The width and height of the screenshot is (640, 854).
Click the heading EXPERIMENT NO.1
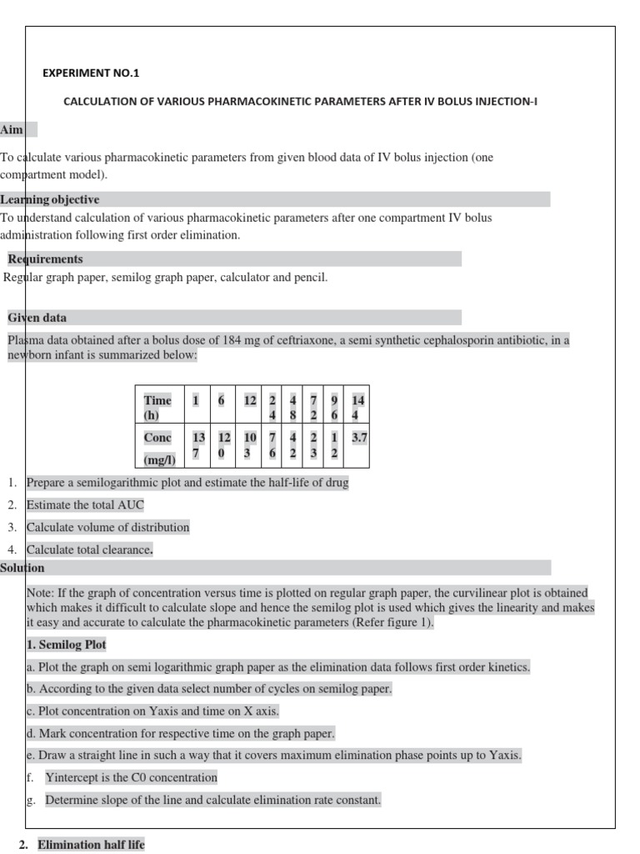(91, 73)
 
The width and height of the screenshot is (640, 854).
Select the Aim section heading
(12, 130)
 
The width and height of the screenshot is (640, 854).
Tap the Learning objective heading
(50, 199)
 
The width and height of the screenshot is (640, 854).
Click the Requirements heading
(45, 259)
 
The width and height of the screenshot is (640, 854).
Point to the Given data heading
(37, 318)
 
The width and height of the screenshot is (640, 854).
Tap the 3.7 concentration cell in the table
(359, 437)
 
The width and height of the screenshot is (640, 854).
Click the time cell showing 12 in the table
(250, 400)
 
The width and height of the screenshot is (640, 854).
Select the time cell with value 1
(196, 400)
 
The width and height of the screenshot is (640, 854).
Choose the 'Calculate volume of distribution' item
(108, 527)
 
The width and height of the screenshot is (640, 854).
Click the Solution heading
(22, 568)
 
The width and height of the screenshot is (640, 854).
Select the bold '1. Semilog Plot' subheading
(67, 645)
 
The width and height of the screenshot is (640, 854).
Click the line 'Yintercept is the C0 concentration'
(131, 777)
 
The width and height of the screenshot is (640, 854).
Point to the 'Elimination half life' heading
(91, 845)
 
